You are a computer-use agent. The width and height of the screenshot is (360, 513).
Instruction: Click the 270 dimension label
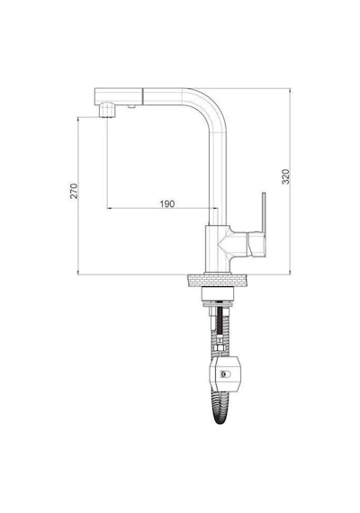coord(75,191)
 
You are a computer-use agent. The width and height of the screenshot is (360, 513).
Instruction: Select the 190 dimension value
coord(167,203)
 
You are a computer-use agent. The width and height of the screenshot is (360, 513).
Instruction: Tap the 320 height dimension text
coord(285,176)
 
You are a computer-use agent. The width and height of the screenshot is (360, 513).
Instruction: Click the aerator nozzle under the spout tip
coord(107,110)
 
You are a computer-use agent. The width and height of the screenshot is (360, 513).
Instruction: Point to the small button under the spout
coord(131,105)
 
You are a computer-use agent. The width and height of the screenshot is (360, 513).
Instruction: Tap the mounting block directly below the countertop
coord(219,293)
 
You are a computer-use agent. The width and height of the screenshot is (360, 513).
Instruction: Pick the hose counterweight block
coord(225,373)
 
